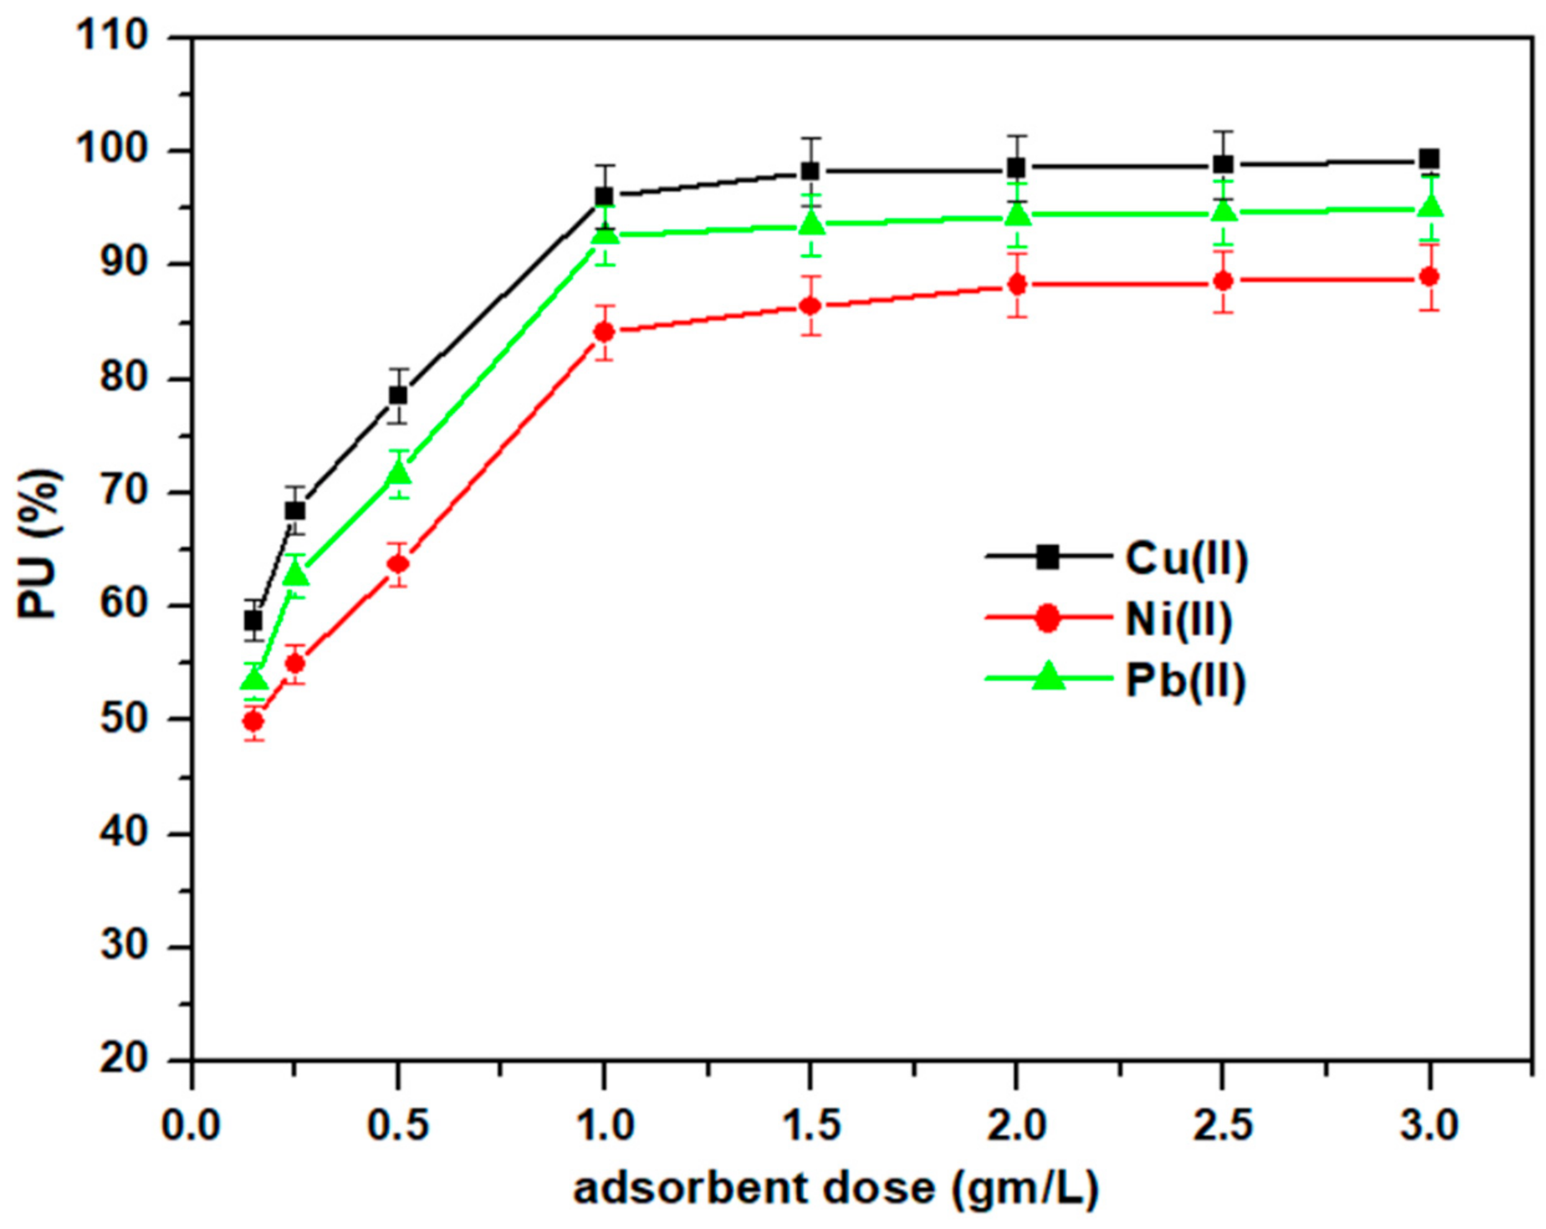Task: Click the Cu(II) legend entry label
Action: point(1186,559)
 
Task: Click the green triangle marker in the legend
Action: point(1048,678)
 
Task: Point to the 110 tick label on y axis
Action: point(113,36)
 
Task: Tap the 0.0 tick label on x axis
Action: point(191,1125)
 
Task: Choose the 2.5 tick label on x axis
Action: point(1223,1125)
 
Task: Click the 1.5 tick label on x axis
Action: point(810,1125)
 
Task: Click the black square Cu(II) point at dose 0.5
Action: point(398,396)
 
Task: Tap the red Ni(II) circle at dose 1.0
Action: point(604,332)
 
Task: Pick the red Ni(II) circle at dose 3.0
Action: point(1430,277)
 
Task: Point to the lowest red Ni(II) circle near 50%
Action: point(253,721)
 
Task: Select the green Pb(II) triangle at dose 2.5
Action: point(1223,211)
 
